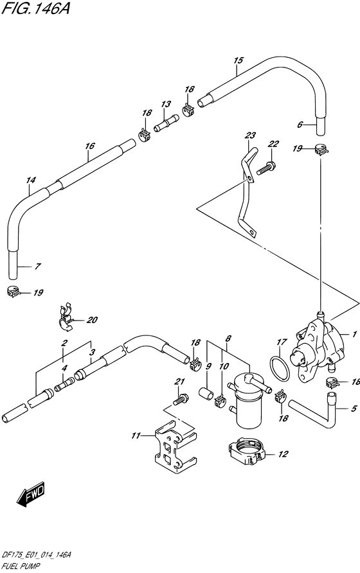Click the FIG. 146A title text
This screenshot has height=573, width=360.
pyautogui.click(x=35, y=8)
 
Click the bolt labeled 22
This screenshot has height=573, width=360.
pyautogui.click(x=266, y=168)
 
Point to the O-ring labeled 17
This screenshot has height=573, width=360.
pyautogui.click(x=281, y=368)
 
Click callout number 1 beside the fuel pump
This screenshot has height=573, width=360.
pyautogui.click(x=354, y=334)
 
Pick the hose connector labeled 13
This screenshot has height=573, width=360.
pyautogui.click(x=166, y=123)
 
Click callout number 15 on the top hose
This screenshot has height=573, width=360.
pyautogui.click(x=238, y=60)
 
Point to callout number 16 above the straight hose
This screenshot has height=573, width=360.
pyautogui.click(x=89, y=146)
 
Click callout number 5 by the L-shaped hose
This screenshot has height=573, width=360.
pyautogui.click(x=353, y=408)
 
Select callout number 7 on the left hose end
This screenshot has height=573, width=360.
pyautogui.click(x=37, y=267)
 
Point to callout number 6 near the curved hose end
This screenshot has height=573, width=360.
pyautogui.click(x=300, y=125)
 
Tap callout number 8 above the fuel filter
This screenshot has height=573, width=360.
pyautogui.click(x=228, y=339)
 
